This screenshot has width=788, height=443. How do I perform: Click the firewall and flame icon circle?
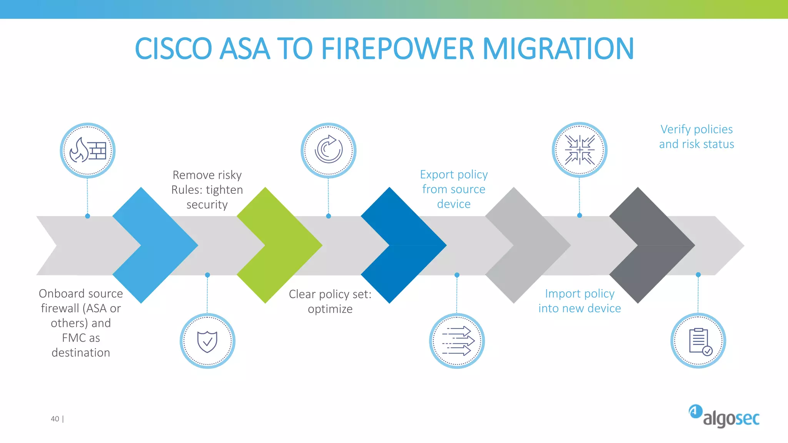pos(88,150)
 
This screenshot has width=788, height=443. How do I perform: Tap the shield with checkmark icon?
pos(207,341)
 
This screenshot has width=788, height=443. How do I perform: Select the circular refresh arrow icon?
pos(328,150)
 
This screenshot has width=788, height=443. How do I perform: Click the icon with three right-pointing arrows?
pos(457,341)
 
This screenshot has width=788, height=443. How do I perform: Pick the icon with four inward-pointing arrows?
pos(579,150)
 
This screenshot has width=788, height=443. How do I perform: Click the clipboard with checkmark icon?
pos(698,341)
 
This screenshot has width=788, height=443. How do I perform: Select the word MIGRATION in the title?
pos(558,49)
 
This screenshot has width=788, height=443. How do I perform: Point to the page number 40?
pos(55,419)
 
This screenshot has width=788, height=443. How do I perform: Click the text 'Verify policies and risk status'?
pos(696,137)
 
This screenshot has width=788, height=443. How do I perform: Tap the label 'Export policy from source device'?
pos(454,189)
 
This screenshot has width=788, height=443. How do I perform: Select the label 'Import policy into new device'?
pos(579,301)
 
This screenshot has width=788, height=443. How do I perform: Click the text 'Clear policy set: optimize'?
pos(330,301)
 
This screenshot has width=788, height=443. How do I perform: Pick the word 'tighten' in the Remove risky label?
pos(224,190)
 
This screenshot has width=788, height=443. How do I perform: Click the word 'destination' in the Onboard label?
pos(81,353)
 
